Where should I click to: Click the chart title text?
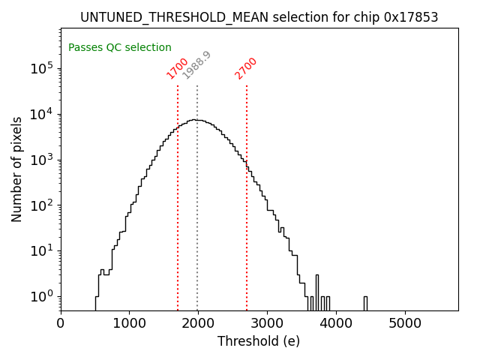click(259, 17)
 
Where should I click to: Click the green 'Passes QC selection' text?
click(120, 48)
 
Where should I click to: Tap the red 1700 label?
click(178, 68)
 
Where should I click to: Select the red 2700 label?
click(246, 68)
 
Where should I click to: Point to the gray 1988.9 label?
click(197, 65)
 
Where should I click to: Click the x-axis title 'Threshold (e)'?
click(259, 341)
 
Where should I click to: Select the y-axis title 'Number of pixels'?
click(17, 169)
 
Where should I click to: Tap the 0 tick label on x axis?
click(61, 324)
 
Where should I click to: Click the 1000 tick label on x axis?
click(129, 324)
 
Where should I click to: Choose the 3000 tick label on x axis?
click(267, 324)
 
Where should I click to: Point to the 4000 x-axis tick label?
click(336, 324)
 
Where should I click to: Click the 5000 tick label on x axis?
click(405, 324)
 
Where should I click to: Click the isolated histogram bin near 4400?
click(365, 302)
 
